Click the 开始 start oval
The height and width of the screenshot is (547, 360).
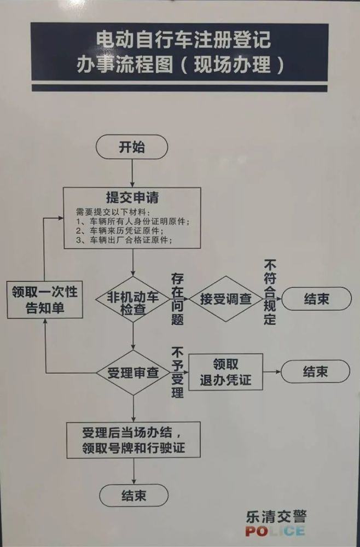tap(132, 147)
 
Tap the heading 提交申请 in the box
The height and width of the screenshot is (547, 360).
tap(132, 198)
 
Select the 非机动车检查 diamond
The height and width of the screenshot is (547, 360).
tap(133, 299)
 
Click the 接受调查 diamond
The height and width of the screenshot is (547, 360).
tap(226, 299)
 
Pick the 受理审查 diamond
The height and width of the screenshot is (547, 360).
tap(133, 373)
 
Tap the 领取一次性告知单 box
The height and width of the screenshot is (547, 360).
tap(45, 299)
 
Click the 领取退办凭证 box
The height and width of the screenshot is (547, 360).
tap(226, 372)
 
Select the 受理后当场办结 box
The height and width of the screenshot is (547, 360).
tap(133, 440)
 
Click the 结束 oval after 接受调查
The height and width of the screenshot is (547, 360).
tap(316, 299)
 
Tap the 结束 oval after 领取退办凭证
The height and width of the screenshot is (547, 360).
tap(315, 371)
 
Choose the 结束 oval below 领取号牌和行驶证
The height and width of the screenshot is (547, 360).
tap(134, 496)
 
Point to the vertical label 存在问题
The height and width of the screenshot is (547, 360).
tap(177, 299)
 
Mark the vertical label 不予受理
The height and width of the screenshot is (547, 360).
tap(177, 373)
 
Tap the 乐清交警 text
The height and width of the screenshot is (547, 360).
tap(276, 516)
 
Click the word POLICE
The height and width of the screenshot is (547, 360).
tap(275, 531)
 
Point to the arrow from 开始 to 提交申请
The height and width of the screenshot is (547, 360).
tap(132, 173)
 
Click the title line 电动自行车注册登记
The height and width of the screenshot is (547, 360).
tap(183, 39)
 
